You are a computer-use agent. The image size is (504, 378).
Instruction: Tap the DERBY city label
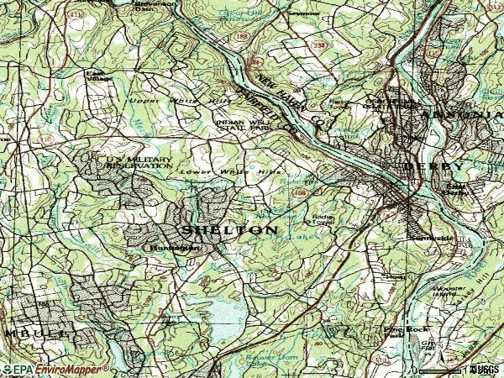coord(432,166)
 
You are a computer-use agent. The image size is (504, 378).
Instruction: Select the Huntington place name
coord(174,249)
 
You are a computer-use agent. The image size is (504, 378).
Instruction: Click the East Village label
coord(100,76)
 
